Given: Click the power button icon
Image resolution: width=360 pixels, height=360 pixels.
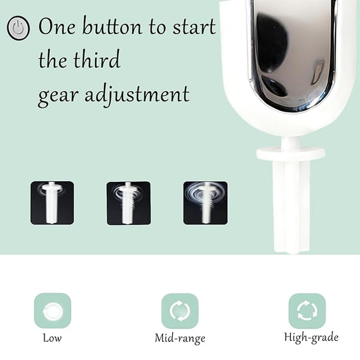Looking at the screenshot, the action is (18, 28).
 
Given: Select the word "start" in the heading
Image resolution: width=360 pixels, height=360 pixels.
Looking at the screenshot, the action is (194, 26).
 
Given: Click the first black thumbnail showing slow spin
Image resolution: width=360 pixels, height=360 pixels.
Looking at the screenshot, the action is (52, 203).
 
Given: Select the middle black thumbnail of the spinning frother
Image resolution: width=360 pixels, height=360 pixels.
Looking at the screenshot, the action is (128, 203).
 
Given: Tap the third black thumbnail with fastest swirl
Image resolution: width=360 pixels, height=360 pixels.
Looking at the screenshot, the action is (205, 203).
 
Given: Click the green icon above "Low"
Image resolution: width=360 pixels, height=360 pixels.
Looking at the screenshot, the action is (53, 311).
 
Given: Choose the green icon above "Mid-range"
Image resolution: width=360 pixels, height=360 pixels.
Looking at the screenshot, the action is (180, 311).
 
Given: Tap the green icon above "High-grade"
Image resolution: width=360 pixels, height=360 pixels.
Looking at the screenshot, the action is (307, 311).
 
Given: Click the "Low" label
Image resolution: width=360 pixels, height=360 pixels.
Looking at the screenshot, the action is (52, 338).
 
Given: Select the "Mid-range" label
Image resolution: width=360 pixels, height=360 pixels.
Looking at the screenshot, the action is (180, 338).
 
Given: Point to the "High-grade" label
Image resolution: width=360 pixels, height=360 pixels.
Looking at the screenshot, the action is (311, 338).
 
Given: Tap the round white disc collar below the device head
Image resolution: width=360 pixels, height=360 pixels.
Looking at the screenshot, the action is (290, 154).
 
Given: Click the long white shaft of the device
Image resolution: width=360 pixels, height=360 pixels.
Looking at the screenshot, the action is (292, 206).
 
